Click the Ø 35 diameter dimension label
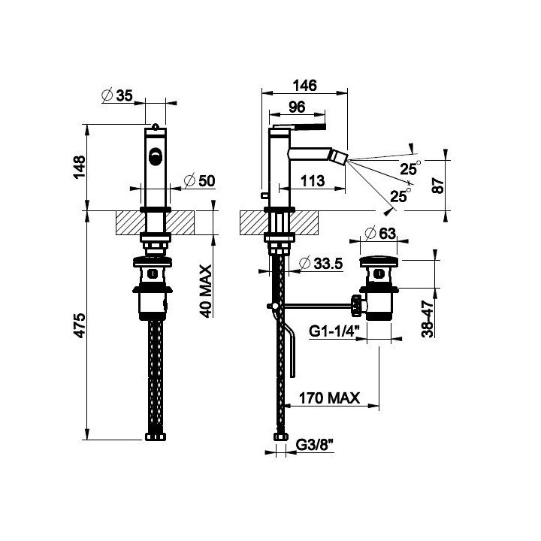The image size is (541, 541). tap(117, 95)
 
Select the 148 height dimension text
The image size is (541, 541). tap(80, 167)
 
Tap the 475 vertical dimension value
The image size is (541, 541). tap(80, 325)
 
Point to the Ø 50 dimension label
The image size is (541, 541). tap(199, 180)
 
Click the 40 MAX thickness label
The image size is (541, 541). tap(206, 291)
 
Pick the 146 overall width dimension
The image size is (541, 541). tap(304, 85)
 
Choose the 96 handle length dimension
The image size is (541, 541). tap(297, 107)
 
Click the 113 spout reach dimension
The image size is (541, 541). tap(313, 181)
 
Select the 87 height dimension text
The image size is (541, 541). tap(438, 186)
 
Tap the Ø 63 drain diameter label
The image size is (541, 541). tap(379, 234)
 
